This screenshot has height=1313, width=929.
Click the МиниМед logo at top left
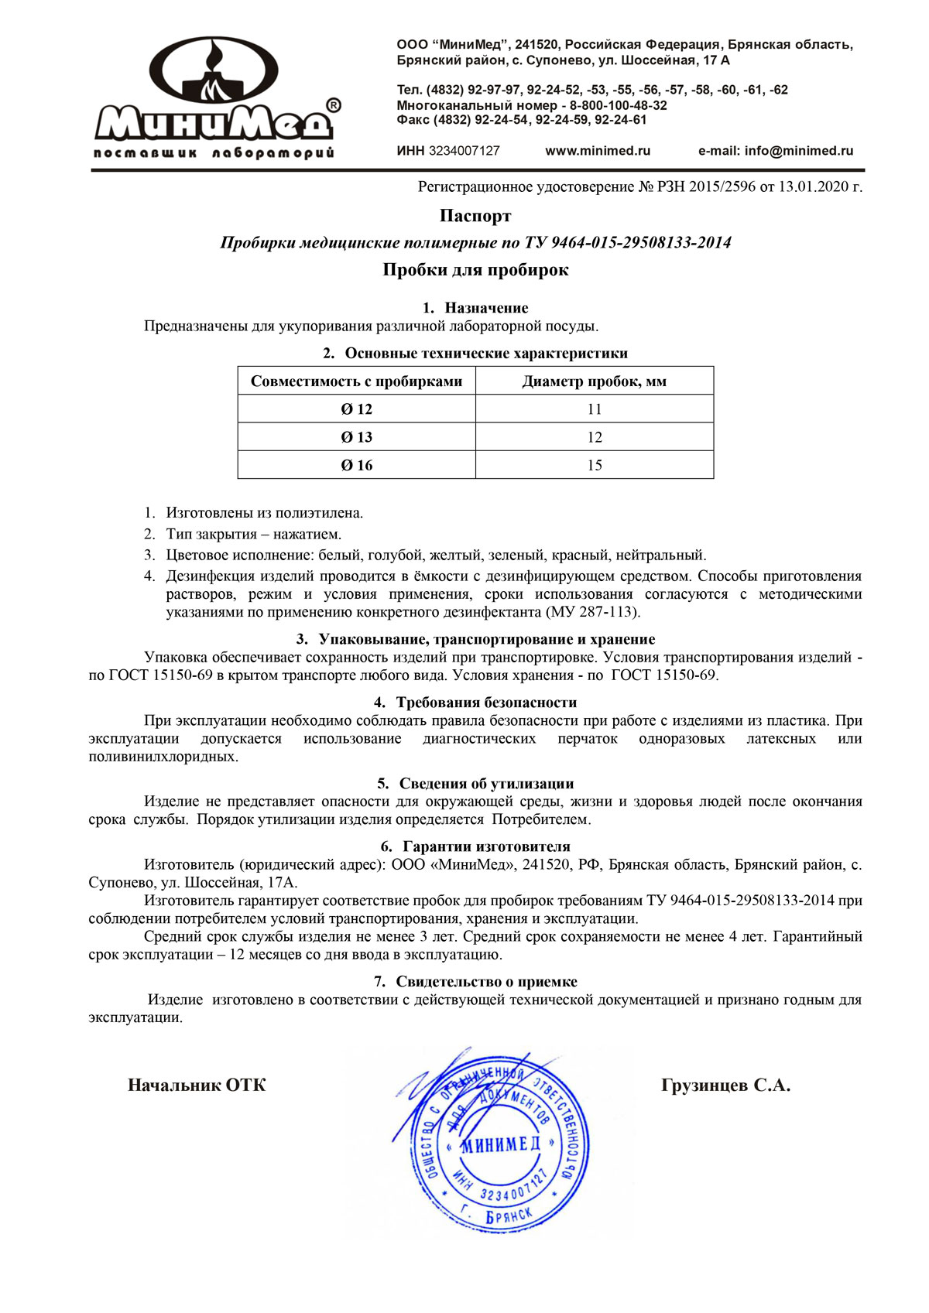[215, 97]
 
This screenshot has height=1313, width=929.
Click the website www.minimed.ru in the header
[598, 151]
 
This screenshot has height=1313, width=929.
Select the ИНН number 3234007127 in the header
[464, 151]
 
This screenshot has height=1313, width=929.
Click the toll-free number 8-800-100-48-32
[619, 105]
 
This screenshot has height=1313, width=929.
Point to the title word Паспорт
[475, 215]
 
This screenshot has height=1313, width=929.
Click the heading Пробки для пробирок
[475, 270]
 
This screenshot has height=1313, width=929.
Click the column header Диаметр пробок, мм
[594, 381]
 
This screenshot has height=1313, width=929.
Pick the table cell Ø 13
[356, 437]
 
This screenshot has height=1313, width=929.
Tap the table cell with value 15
[594, 465]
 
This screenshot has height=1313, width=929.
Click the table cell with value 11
[594, 409]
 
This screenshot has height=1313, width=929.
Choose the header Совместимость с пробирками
[356, 381]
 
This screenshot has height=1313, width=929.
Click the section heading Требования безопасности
[486, 703]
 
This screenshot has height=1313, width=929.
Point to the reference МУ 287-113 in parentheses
[593, 612]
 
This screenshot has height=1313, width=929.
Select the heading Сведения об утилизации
[486, 784]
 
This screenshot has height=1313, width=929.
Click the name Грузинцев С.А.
[725, 1086]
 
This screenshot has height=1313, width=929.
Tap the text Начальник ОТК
[197, 1086]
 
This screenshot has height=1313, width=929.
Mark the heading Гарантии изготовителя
[486, 846]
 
